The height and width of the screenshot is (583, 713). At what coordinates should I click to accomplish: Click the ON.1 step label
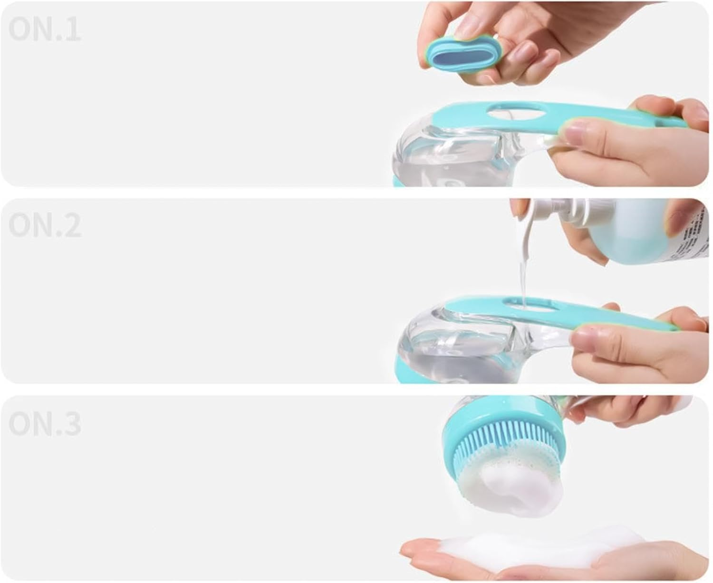tap(44, 29)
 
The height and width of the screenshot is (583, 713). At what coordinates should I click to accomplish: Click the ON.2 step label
tap(45, 225)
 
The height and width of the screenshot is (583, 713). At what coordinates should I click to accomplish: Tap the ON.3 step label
tap(45, 423)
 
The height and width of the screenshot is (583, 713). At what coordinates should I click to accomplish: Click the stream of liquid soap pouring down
tap(523, 276)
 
